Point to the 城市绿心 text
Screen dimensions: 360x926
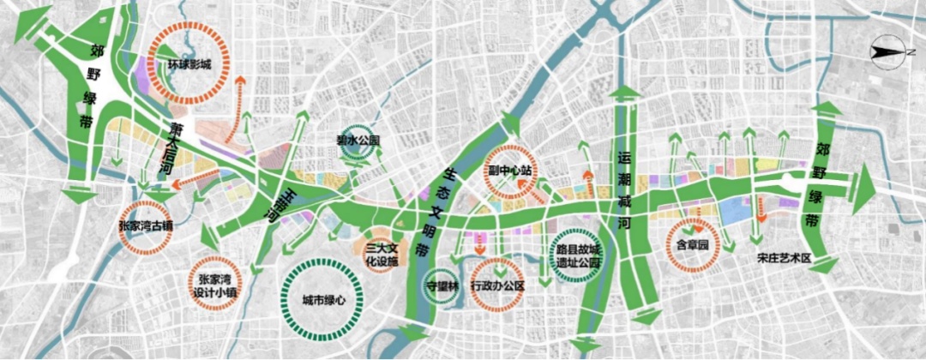[x=323, y=300]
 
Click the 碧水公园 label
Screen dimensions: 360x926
[x=358, y=140]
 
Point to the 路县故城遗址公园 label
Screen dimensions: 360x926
[x=577, y=258]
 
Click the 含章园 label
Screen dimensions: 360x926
[x=692, y=244]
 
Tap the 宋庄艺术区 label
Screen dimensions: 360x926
[x=784, y=258]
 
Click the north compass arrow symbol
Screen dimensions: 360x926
[x=887, y=53]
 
